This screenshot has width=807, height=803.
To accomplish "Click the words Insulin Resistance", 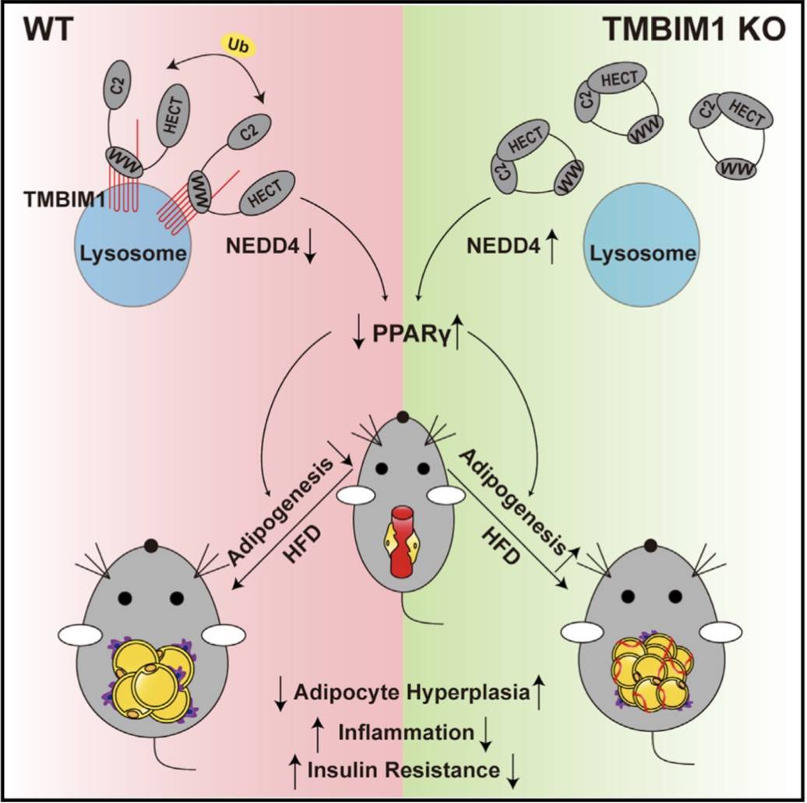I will (x=403, y=769).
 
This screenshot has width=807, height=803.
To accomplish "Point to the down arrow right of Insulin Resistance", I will (x=514, y=770).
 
